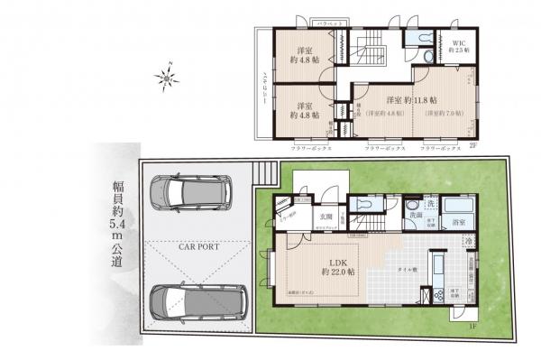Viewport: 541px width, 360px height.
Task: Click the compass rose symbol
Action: point(169,77)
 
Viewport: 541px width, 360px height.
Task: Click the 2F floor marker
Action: point(472,145)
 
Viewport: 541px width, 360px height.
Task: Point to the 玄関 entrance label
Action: point(327,217)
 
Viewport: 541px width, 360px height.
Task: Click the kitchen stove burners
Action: point(438,292)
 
